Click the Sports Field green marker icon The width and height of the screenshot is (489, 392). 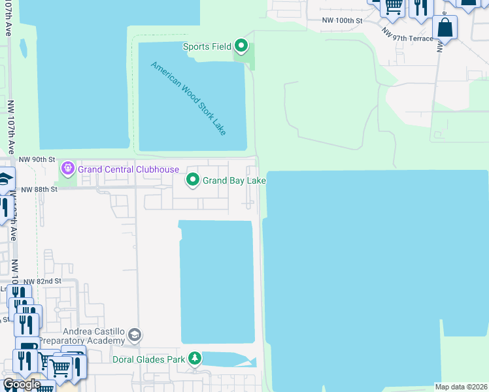241,46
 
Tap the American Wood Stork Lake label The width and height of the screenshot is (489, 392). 188,99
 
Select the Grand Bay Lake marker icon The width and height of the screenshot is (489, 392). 193,180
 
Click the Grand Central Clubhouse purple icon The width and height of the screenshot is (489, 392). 67,169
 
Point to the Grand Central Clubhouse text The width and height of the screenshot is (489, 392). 128,169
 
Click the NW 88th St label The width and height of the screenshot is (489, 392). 40,189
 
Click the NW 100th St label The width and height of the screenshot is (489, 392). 342,21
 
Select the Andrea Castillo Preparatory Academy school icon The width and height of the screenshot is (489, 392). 135,335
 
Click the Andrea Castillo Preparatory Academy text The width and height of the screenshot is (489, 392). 82,336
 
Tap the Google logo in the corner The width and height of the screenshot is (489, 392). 21,384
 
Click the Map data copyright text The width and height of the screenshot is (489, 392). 462,387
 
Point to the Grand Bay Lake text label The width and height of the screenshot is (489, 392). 234,180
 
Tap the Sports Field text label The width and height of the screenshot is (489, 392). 207,46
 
